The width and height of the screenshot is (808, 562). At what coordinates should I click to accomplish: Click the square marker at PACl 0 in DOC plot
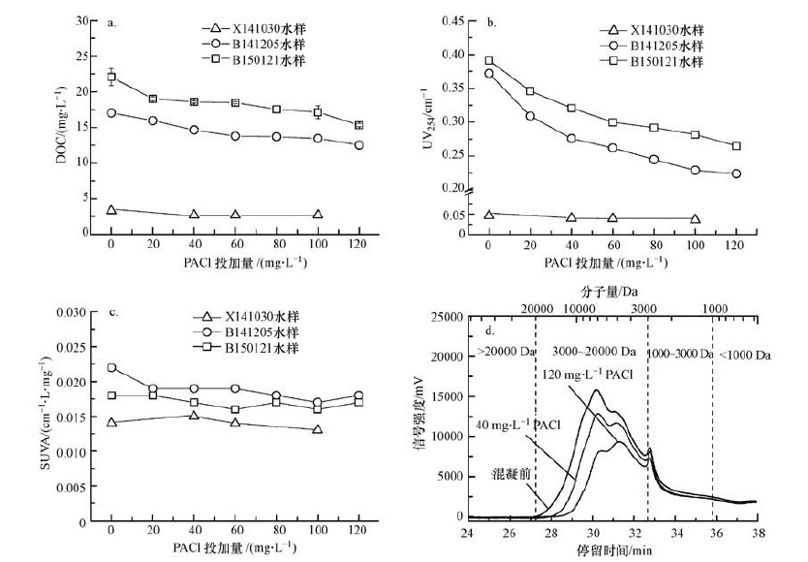coord(111,77)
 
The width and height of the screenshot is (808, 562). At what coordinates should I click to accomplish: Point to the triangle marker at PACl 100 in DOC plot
coord(318,214)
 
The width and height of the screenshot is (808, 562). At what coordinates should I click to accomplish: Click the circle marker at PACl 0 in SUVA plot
coord(111,368)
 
